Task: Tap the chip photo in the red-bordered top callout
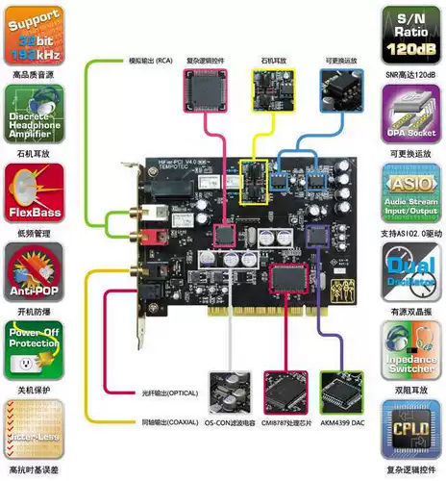(x=204, y=92)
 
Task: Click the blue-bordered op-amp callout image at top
(x=341, y=92)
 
